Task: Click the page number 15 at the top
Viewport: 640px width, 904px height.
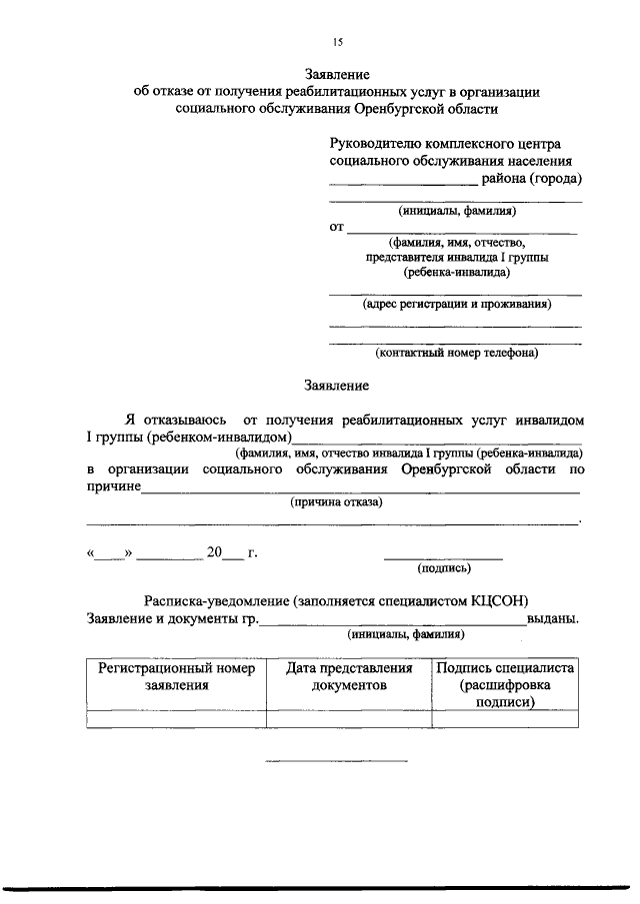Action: pos(337,42)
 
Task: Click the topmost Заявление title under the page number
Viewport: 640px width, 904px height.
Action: pos(337,75)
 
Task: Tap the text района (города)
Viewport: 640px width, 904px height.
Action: pos(532,180)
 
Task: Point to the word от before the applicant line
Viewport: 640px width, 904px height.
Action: pos(337,228)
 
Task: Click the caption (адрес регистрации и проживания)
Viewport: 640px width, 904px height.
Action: pos(456,304)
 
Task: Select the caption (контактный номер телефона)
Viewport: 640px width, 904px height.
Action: pos(456,353)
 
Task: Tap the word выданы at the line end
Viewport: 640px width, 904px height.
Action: pos(552,618)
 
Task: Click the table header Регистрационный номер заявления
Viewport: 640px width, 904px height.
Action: pos(176,676)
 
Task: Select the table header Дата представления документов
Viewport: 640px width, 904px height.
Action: pos(348,676)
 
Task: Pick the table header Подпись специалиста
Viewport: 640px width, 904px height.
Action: pos(504,668)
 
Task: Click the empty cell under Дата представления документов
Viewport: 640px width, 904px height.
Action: pos(348,718)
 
